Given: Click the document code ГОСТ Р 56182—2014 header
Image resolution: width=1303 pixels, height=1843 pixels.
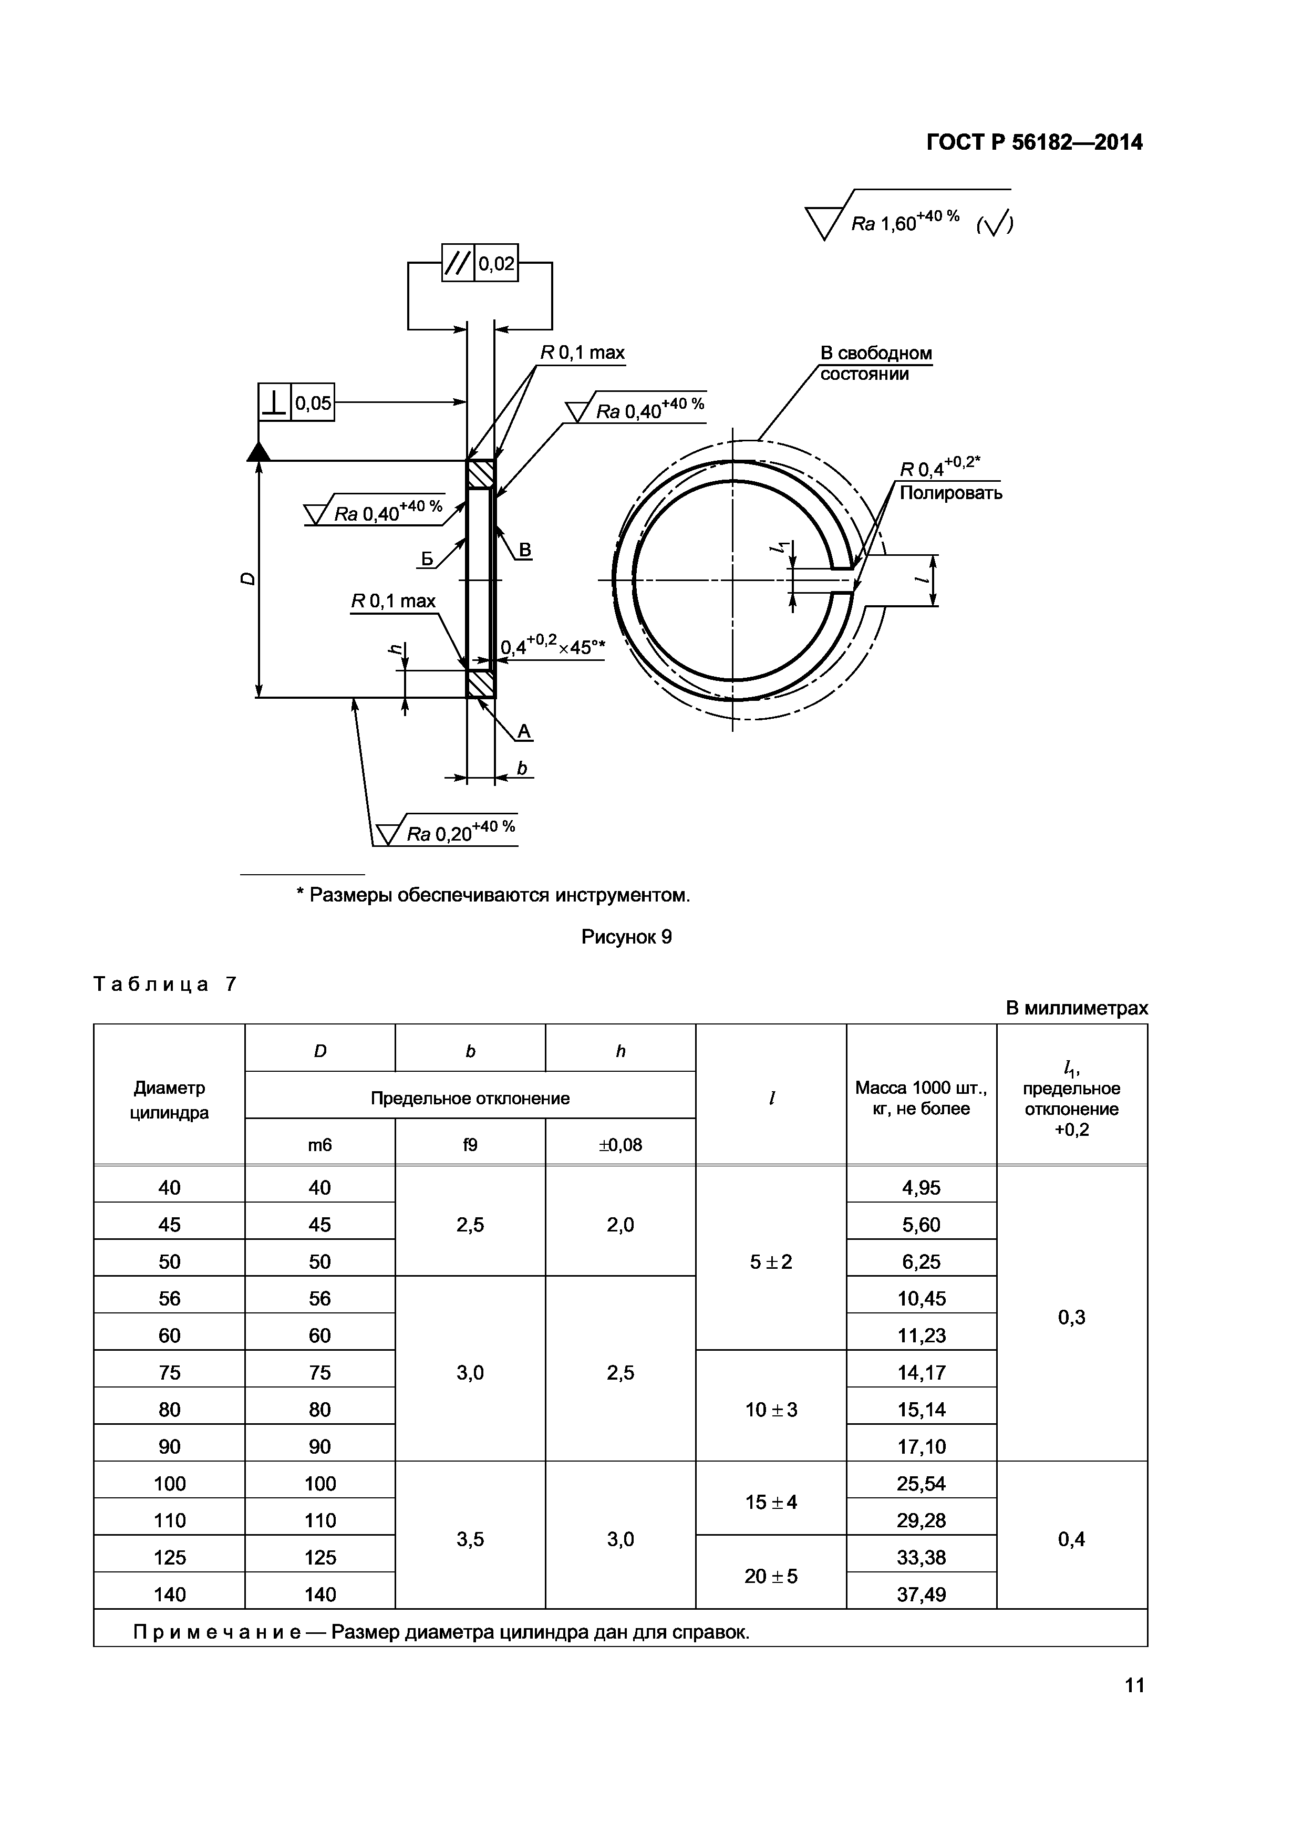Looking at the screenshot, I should tap(1034, 143).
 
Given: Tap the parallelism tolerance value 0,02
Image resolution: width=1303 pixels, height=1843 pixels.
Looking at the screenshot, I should tap(496, 263).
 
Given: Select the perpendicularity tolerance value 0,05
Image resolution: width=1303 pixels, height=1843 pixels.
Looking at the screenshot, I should tap(312, 403).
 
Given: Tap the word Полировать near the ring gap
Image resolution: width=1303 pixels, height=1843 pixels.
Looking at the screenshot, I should tap(950, 493).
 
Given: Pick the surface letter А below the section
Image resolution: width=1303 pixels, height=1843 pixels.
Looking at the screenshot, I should tap(524, 731).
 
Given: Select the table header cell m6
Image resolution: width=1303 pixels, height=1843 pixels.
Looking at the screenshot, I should tap(319, 1145).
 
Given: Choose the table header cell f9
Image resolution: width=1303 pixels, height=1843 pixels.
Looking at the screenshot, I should tap(470, 1145).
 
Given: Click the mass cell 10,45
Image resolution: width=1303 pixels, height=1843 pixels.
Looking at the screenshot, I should tap(921, 1298).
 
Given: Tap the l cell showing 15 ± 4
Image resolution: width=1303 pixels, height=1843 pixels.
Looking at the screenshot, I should tap(771, 1502).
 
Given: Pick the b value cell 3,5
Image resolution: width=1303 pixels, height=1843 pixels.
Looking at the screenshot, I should tap(470, 1539).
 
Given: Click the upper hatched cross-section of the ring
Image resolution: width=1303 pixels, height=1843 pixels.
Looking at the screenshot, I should tap(480, 474).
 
